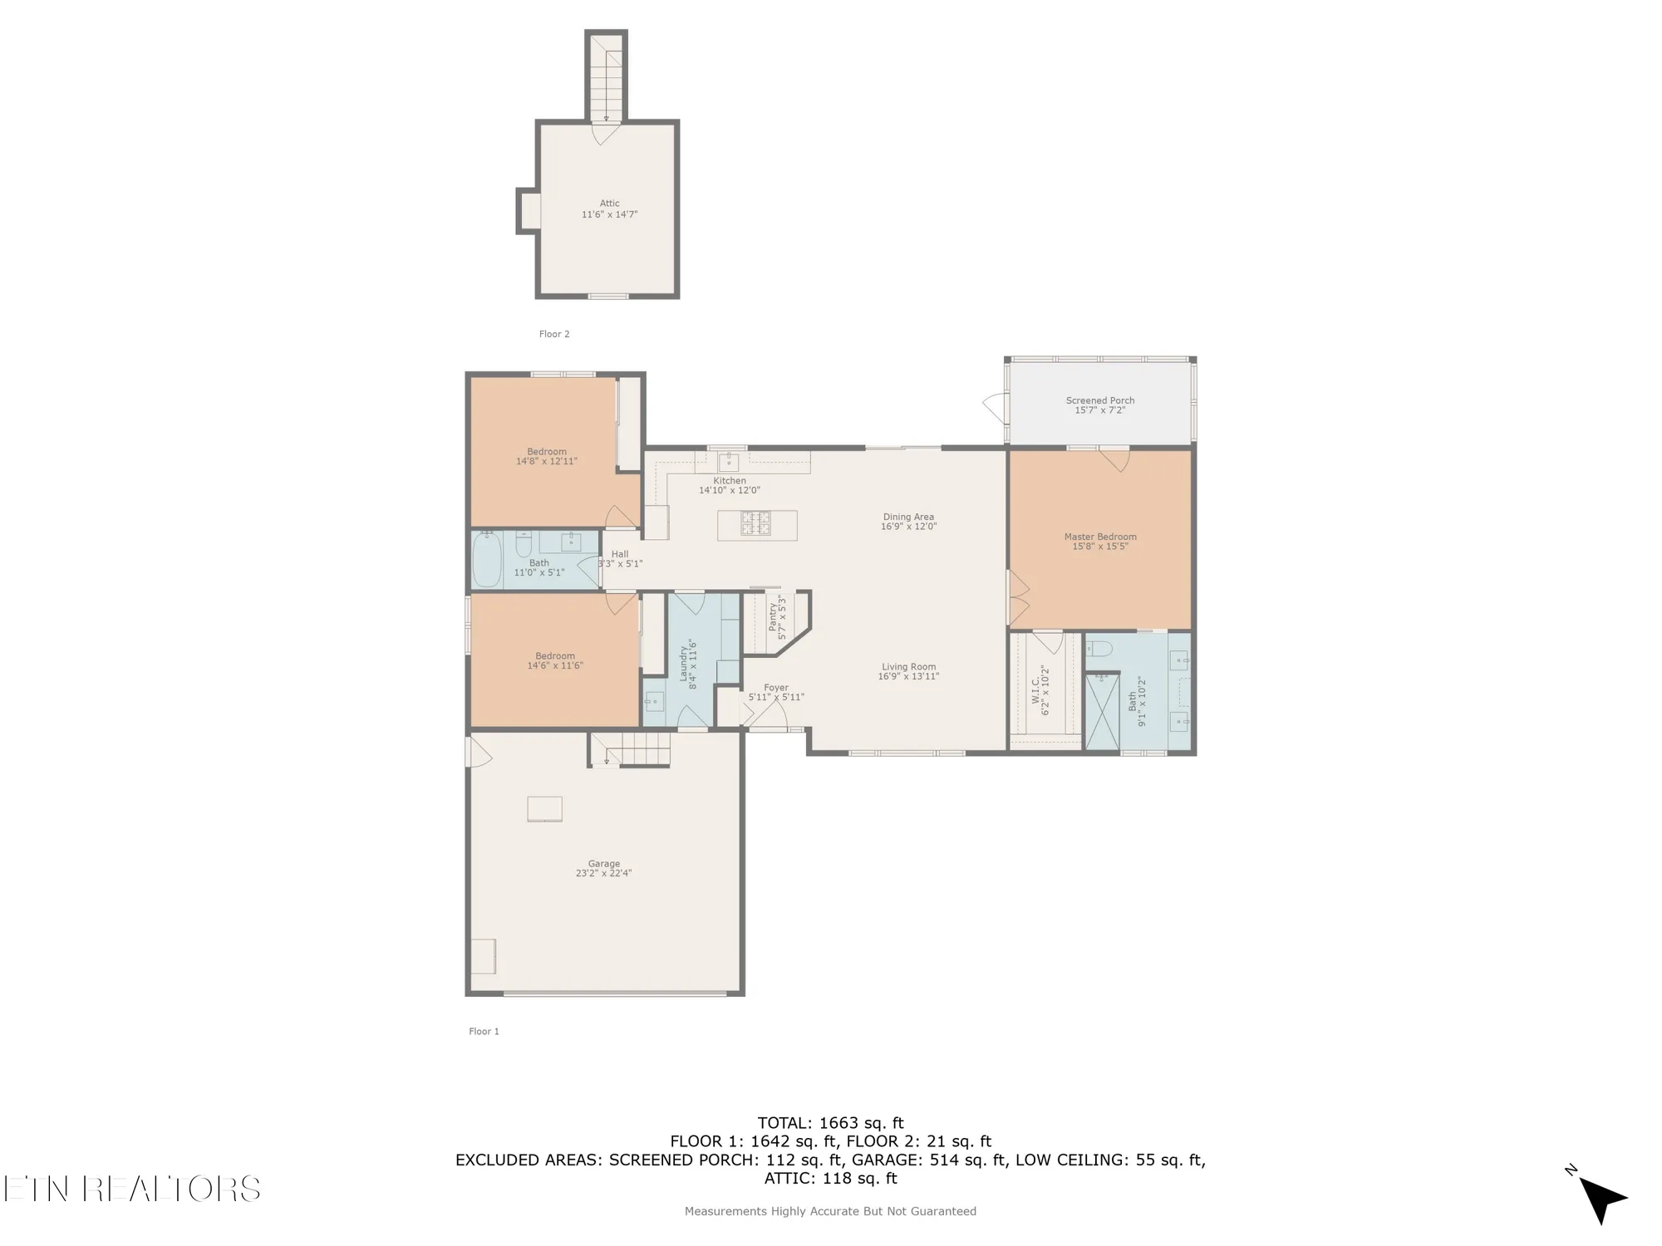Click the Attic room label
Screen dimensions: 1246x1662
[609, 204]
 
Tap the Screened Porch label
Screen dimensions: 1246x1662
[1099, 400]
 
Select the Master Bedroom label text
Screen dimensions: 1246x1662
[1099, 537]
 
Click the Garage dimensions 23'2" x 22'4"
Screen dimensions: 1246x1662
[603, 874]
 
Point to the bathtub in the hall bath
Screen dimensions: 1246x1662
[487, 560]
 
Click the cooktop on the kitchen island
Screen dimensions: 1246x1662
[755, 523]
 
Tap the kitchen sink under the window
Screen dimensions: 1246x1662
[728, 461]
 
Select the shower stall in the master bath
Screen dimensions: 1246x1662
[1103, 712]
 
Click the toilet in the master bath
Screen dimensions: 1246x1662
[1098, 649]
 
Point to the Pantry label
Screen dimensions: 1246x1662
[773, 618]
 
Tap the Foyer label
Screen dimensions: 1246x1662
[775, 688]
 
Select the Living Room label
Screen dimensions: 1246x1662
[908, 666]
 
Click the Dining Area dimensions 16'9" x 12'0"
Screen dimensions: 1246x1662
[908, 527]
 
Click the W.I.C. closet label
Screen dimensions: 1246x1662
[1036, 689]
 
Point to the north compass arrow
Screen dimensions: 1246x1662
[1602, 1199]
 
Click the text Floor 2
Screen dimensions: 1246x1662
[554, 334]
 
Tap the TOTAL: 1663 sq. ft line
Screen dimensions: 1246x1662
[830, 1124]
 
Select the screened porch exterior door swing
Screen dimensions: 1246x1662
[994, 407]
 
